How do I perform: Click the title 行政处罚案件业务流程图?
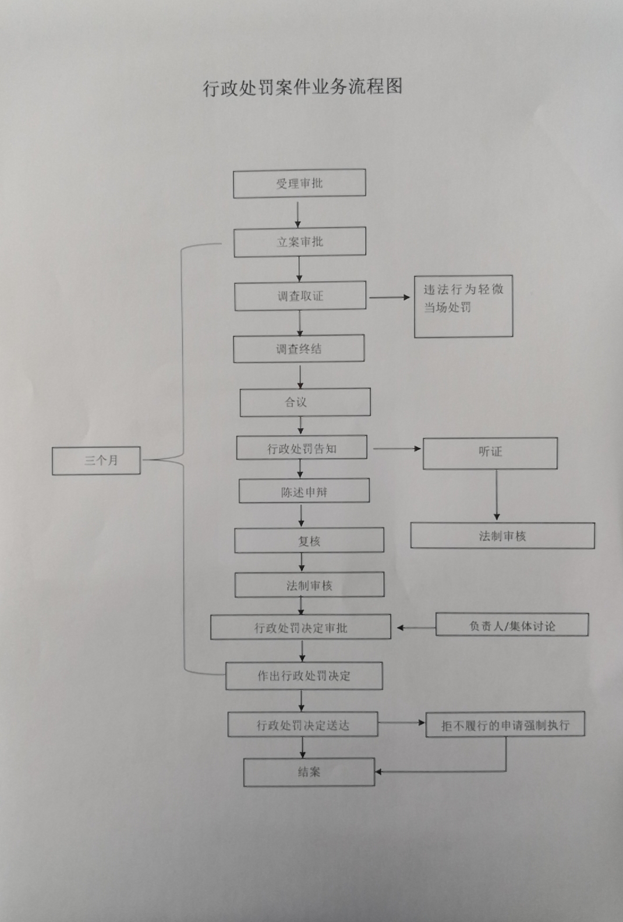302,87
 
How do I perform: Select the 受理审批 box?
299,183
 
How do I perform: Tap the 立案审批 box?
300,242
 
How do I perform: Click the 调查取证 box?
300,296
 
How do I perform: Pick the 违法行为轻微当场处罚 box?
463,306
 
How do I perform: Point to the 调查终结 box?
299,349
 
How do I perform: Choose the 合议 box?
305,402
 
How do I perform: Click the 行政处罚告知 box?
302,448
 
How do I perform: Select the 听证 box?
490,453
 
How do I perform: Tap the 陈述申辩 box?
304,491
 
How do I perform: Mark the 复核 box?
309,540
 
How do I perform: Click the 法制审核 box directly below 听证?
502,536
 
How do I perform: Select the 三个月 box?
96,460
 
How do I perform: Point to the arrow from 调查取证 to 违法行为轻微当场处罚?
390,297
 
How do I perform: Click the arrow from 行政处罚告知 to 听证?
397,448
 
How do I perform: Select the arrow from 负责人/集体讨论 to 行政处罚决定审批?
416,627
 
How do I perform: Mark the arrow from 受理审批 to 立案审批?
298,213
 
